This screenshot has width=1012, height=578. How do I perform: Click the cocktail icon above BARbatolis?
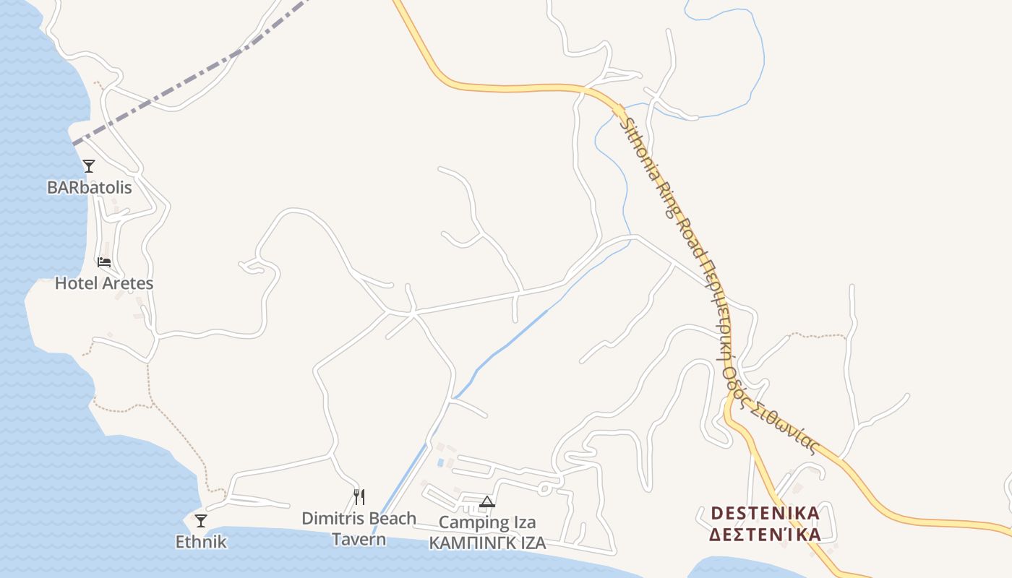pyautogui.click(x=89, y=166)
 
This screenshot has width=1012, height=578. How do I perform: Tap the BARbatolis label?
pyautogui.click(x=90, y=187)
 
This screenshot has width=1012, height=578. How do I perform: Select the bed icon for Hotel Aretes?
pyautogui.click(x=104, y=262)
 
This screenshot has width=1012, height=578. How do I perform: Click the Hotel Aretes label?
pyautogui.click(x=104, y=282)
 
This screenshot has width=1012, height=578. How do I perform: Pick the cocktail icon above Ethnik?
pyautogui.click(x=201, y=520)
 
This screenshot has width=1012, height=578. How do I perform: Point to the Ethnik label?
pyautogui.click(x=201, y=541)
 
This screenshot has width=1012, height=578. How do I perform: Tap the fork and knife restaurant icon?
pyautogui.click(x=359, y=497)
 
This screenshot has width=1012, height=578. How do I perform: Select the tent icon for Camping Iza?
pyautogui.click(x=487, y=501)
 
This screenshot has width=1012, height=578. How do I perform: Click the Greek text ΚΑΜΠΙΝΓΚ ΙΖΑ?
pyautogui.click(x=487, y=543)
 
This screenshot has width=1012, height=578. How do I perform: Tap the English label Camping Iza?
pyautogui.click(x=487, y=522)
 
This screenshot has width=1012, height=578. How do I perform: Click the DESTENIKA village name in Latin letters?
pyautogui.click(x=766, y=513)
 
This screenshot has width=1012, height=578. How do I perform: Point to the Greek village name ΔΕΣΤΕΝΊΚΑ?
pyautogui.click(x=766, y=535)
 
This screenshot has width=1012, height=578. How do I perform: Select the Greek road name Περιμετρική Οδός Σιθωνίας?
pyautogui.click(x=752, y=354)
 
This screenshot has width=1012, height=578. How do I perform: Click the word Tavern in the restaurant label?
pyautogui.click(x=359, y=539)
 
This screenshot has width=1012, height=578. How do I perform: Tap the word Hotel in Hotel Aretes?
pyautogui.click(x=77, y=282)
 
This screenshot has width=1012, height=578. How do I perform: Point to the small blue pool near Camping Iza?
pyautogui.click(x=440, y=462)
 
